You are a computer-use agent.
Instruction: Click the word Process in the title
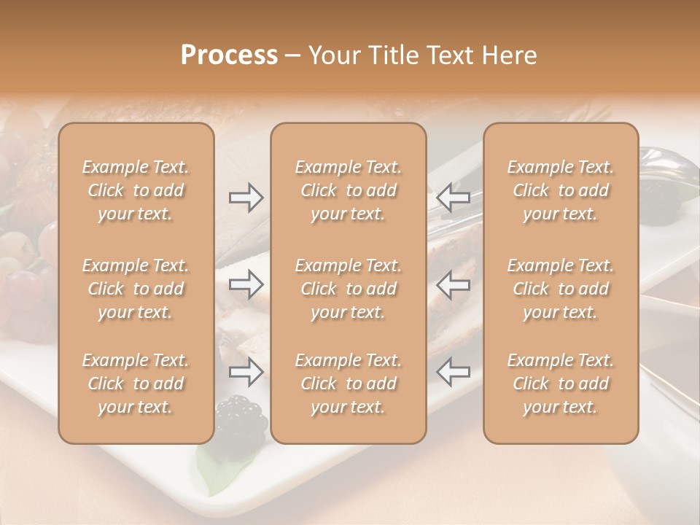tap(229, 55)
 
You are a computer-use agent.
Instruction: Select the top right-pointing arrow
tap(246, 198)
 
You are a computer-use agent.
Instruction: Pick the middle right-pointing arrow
tap(246, 284)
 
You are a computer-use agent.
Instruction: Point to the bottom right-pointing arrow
tap(246, 372)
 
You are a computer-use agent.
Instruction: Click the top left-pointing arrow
tap(453, 198)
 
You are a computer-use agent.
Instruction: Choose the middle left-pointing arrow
tap(453, 284)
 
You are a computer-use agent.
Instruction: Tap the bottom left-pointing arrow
tap(453, 372)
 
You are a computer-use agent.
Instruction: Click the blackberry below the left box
tap(241, 417)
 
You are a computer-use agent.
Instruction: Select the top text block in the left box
tap(136, 190)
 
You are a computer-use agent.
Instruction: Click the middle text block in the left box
tap(136, 289)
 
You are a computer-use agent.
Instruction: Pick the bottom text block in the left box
tap(136, 384)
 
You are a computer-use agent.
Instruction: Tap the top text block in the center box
tap(348, 190)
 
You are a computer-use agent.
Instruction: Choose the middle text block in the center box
tap(348, 289)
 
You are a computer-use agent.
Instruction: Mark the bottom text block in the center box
tap(348, 384)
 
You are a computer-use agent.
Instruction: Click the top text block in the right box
tap(561, 190)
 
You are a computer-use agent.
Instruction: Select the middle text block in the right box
tap(561, 289)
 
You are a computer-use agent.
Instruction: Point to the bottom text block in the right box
tap(561, 384)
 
